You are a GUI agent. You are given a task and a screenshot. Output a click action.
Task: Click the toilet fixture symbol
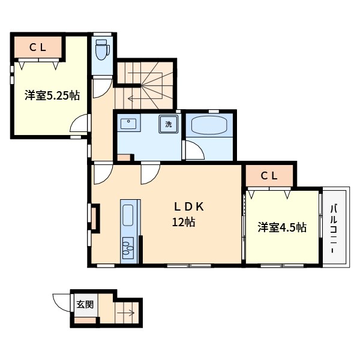[102, 50]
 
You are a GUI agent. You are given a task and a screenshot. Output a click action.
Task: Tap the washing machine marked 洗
[169, 124]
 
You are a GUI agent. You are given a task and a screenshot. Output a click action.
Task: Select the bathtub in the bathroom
[209, 125]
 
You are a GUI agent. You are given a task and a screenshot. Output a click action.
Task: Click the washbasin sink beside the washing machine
[128, 124]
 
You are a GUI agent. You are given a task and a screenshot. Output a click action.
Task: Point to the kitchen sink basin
[128, 215]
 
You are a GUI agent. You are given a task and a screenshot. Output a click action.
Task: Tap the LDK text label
[189, 207]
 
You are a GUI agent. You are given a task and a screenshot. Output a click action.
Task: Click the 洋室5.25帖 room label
[52, 95]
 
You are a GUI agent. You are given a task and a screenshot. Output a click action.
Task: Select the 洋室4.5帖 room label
[282, 227]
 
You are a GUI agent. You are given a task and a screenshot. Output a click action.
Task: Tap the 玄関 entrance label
[85, 305]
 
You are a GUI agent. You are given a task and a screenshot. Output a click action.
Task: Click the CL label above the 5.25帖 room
[38, 47]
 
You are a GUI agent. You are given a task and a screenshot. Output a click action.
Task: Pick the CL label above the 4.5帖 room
[269, 176]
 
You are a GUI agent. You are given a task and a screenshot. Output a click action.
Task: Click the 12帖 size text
[184, 222]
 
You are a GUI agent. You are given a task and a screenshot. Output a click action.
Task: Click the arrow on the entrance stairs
[125, 313]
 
